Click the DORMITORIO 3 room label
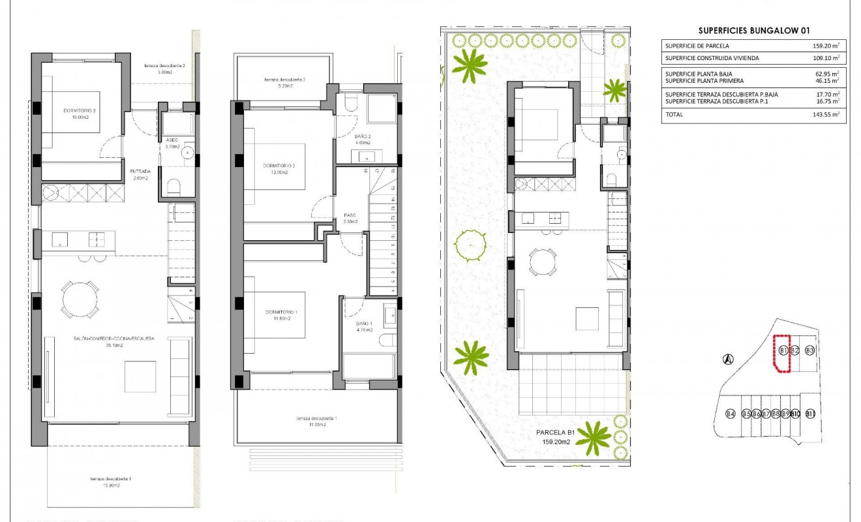point(80,111)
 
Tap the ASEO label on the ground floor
point(172,140)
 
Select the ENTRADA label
point(140,172)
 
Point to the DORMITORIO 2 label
point(279,166)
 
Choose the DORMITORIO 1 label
point(281,313)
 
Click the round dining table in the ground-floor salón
point(80,299)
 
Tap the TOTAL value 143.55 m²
point(825,115)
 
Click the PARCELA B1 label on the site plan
point(554,432)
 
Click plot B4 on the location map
point(731,414)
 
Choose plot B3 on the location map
point(810,350)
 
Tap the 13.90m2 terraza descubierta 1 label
point(111,482)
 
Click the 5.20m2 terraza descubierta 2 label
point(285,83)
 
